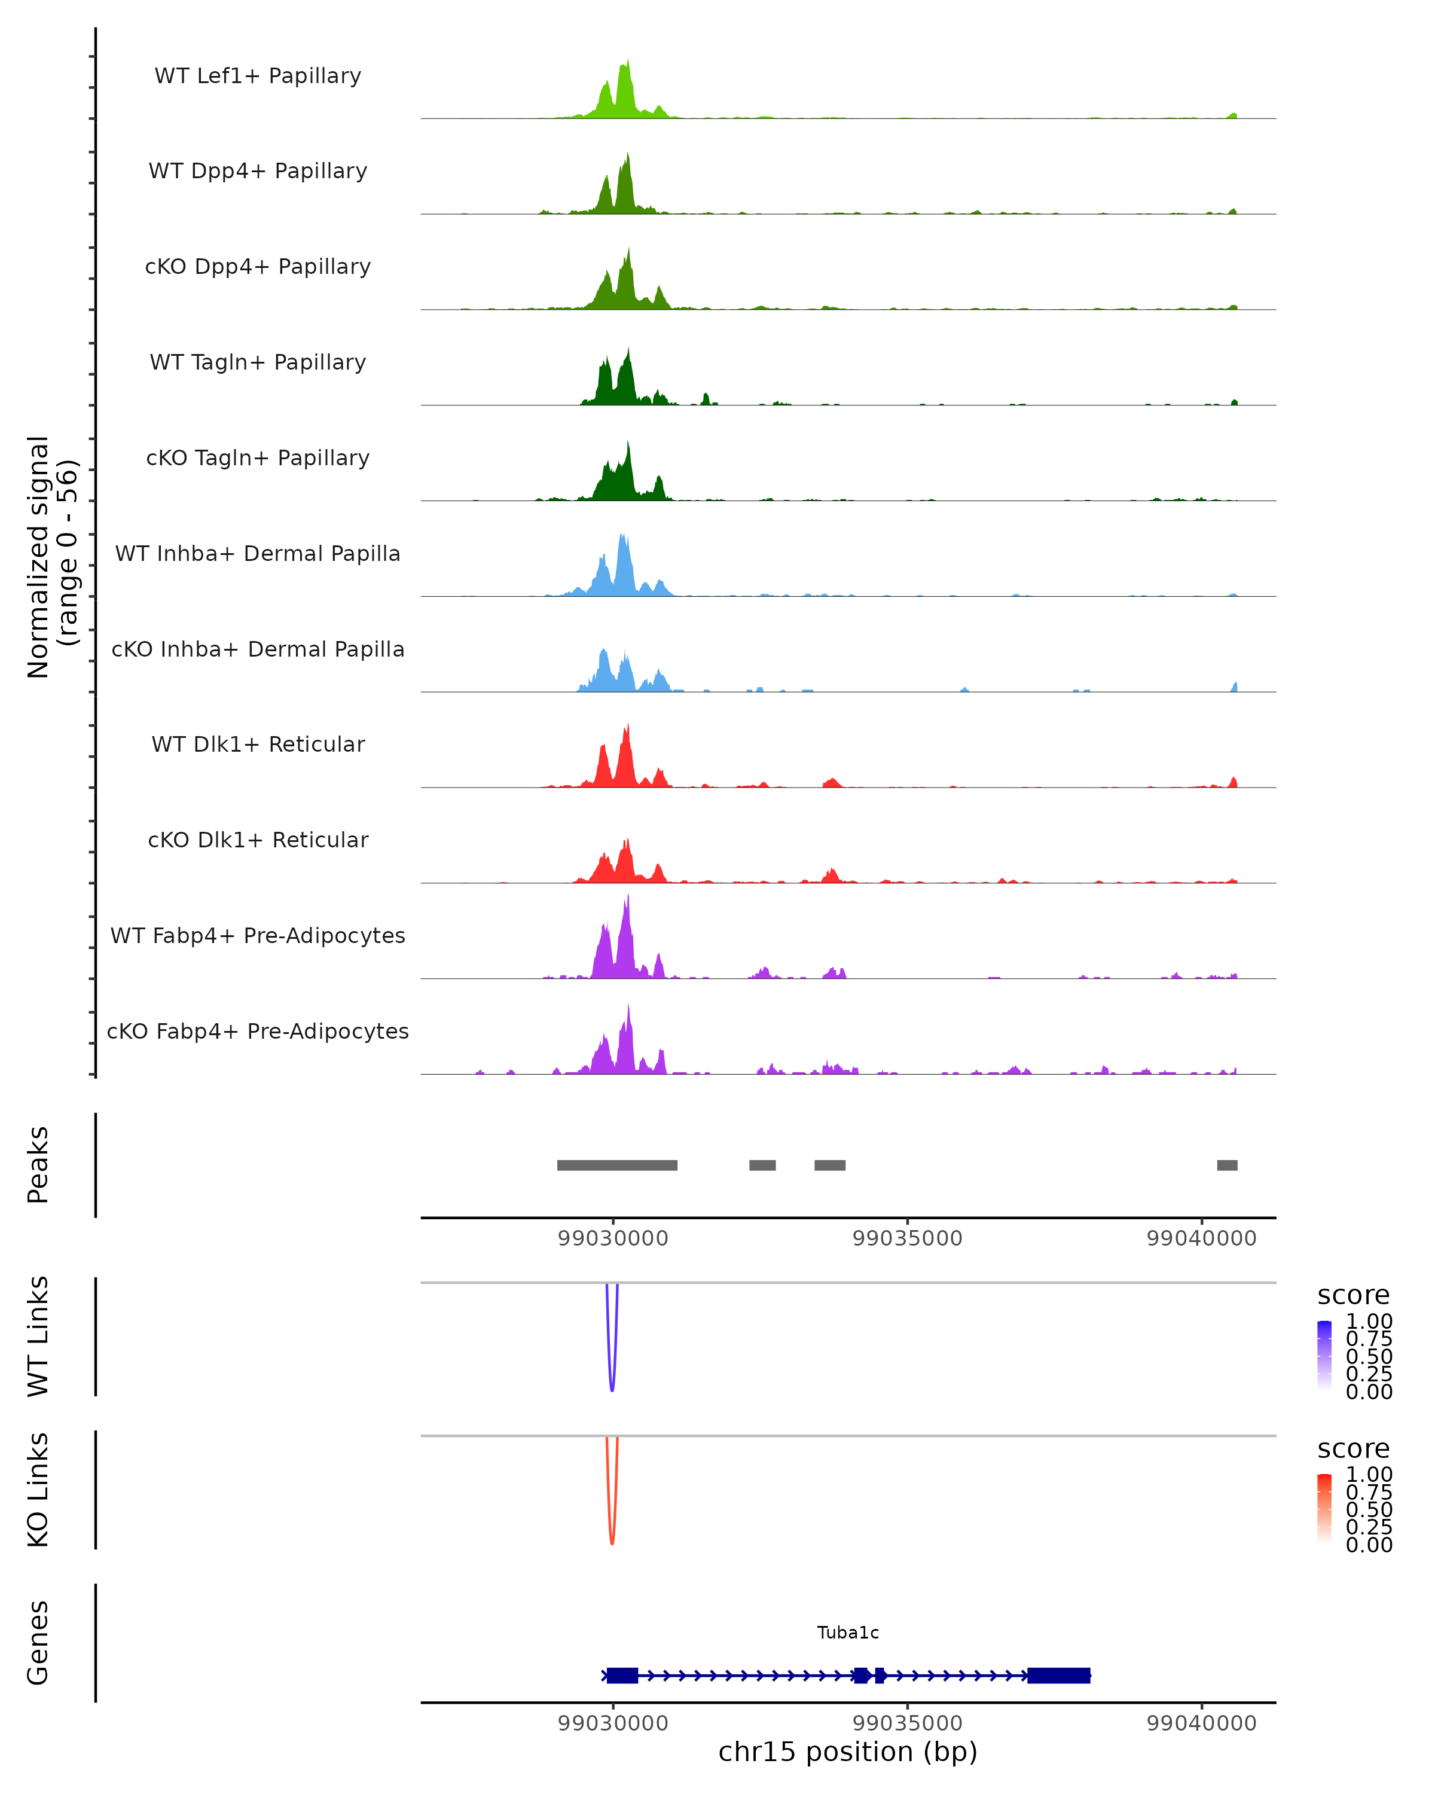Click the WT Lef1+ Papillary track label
258,76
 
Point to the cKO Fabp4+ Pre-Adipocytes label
258,1031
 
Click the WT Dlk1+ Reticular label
258,744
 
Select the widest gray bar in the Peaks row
617,1165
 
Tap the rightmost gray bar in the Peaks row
1227,1165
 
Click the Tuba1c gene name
848,1633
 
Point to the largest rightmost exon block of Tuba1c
1058,1676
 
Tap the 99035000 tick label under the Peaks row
907,1238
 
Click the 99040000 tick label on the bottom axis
1201,1723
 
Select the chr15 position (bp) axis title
848,1752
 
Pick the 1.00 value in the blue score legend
1369,1322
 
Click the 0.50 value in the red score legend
1369,1509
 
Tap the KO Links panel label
38,1490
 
